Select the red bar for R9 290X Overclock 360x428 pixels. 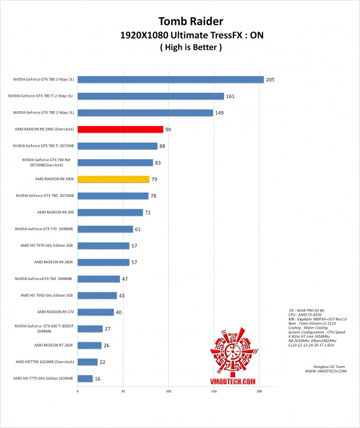point(120,129)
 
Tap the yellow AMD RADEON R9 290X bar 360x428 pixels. point(113,179)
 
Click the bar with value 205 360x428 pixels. point(170,79)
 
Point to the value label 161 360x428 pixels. point(231,96)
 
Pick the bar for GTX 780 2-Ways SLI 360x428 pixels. point(145,112)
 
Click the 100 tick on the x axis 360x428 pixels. point(168,391)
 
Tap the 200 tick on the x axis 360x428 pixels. point(259,391)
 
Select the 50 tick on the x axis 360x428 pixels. point(122,391)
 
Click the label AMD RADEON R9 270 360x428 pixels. point(55,312)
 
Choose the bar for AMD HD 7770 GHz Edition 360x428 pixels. point(85,378)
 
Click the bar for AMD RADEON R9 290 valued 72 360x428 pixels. point(110,212)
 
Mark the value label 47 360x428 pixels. point(125,279)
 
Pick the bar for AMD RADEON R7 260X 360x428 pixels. point(89,345)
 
